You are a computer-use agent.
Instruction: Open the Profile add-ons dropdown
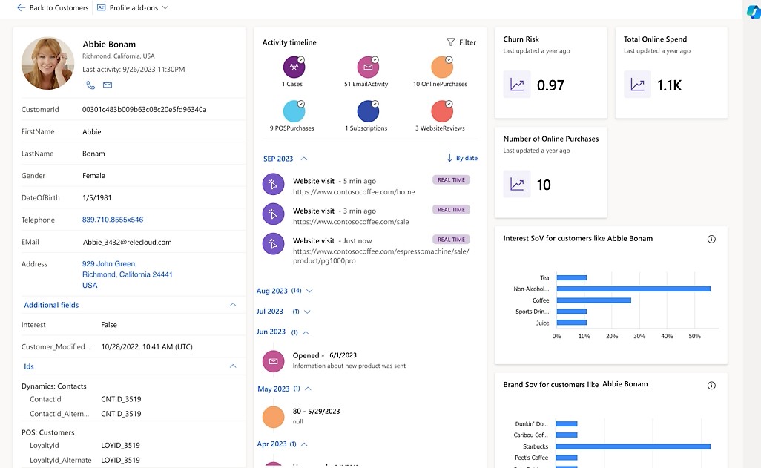(133, 7)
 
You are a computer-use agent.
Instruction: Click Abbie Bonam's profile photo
(47, 63)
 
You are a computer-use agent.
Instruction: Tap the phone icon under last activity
(90, 85)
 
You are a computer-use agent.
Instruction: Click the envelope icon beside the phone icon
(108, 85)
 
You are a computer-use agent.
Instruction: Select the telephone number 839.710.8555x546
(113, 220)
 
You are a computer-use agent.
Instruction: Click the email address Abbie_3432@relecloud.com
(127, 242)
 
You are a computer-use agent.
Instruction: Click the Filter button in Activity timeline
(461, 42)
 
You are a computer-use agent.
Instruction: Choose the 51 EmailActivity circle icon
(368, 67)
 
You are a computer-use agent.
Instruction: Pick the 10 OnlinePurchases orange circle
(441, 67)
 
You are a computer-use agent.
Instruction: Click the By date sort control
(462, 158)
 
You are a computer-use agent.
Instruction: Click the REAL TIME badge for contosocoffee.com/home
(451, 179)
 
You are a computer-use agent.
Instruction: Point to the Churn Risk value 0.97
(550, 85)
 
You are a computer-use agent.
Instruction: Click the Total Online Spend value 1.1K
(669, 85)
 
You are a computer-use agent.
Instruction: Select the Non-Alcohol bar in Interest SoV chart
(633, 289)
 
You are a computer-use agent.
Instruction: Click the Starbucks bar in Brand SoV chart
(633, 446)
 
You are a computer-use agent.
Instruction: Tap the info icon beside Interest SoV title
(711, 239)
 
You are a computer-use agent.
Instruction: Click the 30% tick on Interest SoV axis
(639, 336)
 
